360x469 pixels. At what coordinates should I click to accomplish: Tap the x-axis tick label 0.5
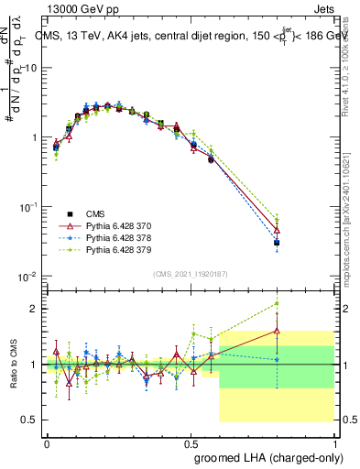point(191,440)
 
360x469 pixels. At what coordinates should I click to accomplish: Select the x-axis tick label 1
point(335,440)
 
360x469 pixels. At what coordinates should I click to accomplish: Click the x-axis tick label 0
point(47,440)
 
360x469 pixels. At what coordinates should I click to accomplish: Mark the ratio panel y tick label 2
point(34,309)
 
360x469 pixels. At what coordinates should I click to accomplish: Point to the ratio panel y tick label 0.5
point(29,420)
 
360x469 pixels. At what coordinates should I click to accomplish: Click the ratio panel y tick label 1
point(34,365)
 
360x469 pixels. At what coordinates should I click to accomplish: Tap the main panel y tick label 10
point(29,68)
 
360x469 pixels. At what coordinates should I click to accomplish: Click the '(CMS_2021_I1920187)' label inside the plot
point(189,273)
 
